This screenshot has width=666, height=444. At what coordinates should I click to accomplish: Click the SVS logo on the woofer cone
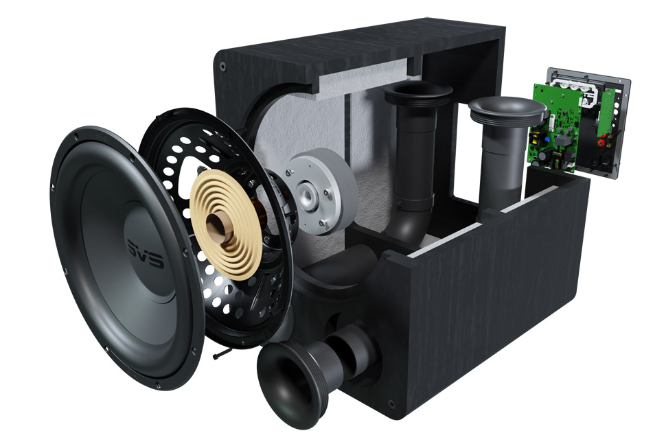point(146,253)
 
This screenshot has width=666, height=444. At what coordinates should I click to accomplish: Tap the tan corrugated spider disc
point(226,224)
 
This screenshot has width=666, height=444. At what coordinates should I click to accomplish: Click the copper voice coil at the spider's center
point(219,227)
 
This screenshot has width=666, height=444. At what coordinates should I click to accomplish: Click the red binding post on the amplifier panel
point(601,143)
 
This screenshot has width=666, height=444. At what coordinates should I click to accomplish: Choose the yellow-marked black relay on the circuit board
point(536,137)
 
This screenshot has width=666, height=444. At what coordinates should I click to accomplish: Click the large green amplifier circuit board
point(554,128)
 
